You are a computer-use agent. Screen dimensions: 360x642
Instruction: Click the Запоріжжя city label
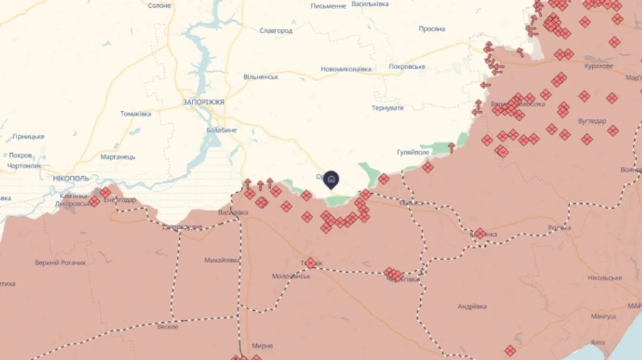pyautogui.click(x=203, y=102)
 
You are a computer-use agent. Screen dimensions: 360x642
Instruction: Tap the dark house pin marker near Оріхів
pyautogui.click(x=331, y=179)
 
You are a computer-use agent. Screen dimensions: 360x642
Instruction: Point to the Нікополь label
pyautogui.click(x=71, y=178)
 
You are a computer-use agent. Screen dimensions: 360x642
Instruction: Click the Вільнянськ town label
pyautogui.click(x=260, y=76)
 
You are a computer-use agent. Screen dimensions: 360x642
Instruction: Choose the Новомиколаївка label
pyautogui.click(x=346, y=69)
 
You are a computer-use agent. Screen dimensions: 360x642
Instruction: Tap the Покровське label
pyautogui.click(x=407, y=66)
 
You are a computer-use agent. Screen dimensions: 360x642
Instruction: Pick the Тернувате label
pyautogui.click(x=387, y=108)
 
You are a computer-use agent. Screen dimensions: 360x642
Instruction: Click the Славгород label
pyautogui.click(x=276, y=31)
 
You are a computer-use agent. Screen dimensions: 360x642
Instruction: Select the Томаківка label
pyautogui.click(x=136, y=113)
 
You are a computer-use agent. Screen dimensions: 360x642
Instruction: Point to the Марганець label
pyautogui.click(x=118, y=156)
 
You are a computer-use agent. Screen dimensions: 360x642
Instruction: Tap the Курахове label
pyautogui.click(x=598, y=66)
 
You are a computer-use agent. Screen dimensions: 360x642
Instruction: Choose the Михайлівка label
pyautogui.click(x=222, y=260)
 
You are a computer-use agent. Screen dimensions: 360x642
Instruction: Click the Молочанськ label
pyautogui.click(x=291, y=276)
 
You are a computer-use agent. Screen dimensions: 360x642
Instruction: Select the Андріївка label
pyautogui.click(x=472, y=307)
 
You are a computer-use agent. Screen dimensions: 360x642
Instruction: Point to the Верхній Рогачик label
pyautogui.click(x=61, y=262)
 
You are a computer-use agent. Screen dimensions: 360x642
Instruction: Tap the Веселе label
pyautogui.click(x=168, y=327)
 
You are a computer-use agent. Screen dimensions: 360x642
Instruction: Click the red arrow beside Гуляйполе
pyautogui.click(x=451, y=148)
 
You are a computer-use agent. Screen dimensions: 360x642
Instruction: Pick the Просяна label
pyautogui.click(x=432, y=29)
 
